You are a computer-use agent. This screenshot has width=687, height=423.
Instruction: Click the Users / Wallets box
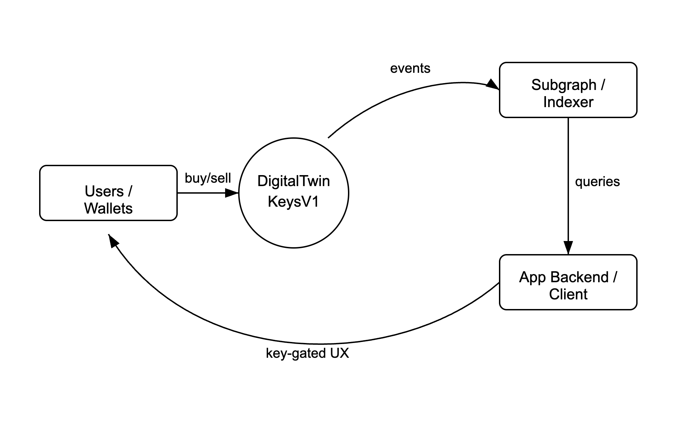(x=108, y=193)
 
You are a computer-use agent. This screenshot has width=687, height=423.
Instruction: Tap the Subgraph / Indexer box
(x=568, y=90)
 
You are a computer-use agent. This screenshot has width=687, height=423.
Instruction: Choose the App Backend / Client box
(x=568, y=282)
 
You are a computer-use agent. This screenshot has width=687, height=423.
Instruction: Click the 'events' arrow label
(x=410, y=68)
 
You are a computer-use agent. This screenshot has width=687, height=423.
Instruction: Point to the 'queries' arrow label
(x=597, y=182)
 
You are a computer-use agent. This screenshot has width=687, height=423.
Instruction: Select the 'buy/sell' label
(x=208, y=178)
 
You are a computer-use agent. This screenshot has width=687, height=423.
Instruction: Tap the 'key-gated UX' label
(x=307, y=353)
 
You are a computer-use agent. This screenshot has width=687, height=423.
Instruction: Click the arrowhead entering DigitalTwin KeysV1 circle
(x=232, y=193)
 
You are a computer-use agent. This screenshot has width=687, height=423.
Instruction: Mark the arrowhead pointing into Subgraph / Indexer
(x=493, y=85)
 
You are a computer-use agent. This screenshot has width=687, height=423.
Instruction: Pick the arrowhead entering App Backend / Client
(x=568, y=248)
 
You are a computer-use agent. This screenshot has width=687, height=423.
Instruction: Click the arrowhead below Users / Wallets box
(x=113, y=241)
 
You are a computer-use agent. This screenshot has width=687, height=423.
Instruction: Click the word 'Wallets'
(x=108, y=208)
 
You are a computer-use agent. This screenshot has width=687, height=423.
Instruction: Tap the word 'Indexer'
(x=568, y=102)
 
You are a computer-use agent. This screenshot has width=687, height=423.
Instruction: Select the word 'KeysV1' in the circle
(x=293, y=202)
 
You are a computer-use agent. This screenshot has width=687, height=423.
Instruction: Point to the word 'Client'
(x=568, y=295)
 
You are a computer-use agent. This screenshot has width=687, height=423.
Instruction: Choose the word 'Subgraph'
(x=564, y=85)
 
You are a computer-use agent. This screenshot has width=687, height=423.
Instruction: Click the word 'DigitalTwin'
(x=293, y=181)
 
